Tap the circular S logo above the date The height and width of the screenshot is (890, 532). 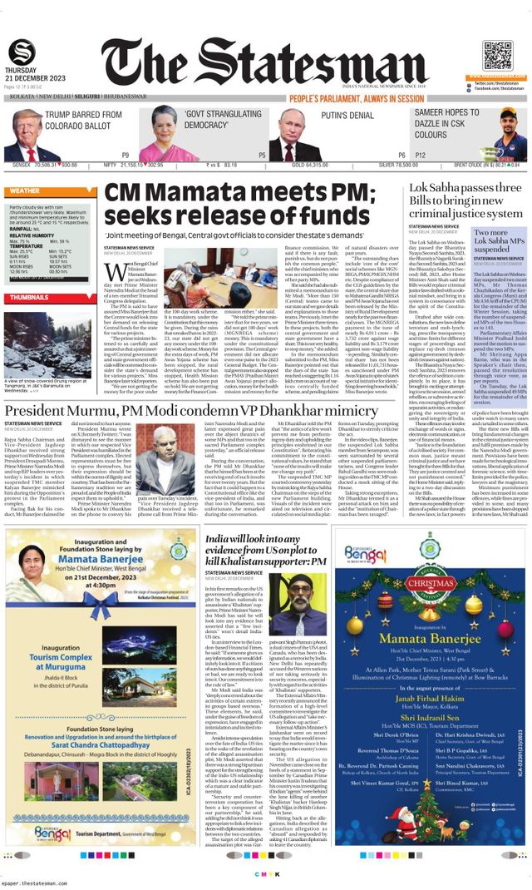click(x=22, y=52)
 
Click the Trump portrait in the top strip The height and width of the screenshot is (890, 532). click(x=23, y=132)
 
